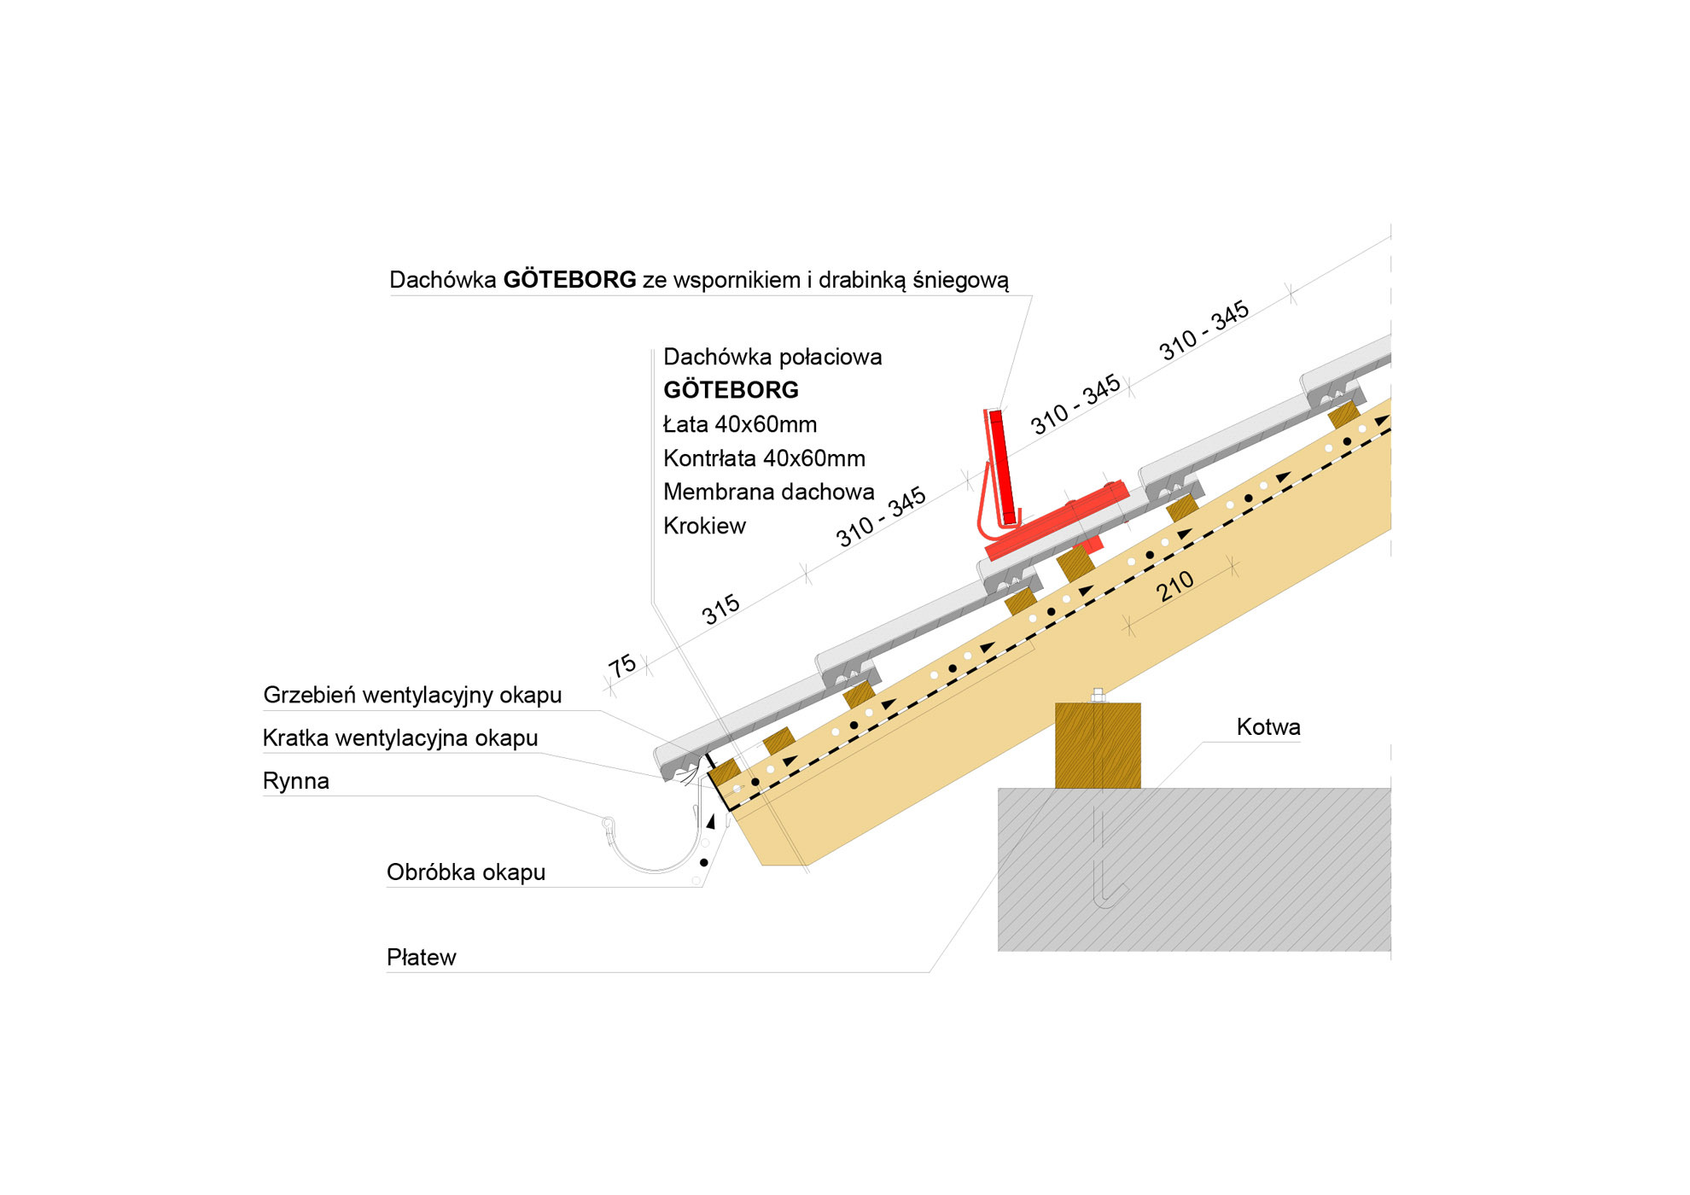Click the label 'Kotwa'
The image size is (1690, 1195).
[x=1268, y=727]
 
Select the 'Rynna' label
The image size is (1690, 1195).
[x=295, y=781]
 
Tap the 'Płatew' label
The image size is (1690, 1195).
[x=421, y=958]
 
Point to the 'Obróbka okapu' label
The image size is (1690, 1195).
[x=465, y=872]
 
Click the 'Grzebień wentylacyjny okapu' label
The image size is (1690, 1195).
[x=412, y=695]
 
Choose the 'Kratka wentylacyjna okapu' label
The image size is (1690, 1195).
[x=400, y=738]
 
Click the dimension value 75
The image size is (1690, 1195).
[x=622, y=666]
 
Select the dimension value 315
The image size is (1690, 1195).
[x=720, y=609]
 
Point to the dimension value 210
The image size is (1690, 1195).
[x=1174, y=586]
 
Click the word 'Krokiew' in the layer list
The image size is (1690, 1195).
[x=704, y=526]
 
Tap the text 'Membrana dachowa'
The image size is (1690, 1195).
[x=768, y=492]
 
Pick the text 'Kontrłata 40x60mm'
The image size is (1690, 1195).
[x=764, y=458]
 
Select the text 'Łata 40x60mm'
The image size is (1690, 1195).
[x=740, y=424]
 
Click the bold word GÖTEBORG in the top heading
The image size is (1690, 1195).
[x=569, y=280]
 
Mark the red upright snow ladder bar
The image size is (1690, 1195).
[x=1002, y=466]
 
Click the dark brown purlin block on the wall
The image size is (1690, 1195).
[x=1098, y=745]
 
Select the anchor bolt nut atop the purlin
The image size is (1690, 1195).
[x=1098, y=695]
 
